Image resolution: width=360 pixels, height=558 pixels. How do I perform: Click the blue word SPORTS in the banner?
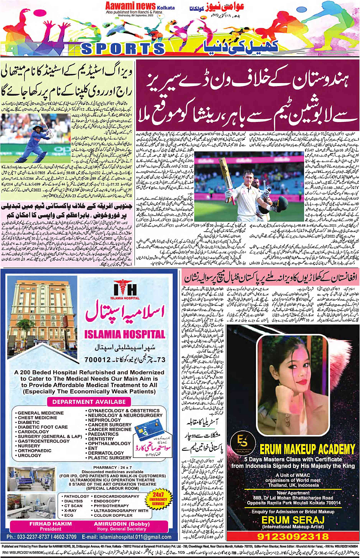click(x=123, y=49)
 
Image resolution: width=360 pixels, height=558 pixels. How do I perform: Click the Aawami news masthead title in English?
click(x=130, y=6)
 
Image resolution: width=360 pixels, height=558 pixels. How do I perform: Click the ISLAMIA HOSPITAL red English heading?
click(x=125, y=334)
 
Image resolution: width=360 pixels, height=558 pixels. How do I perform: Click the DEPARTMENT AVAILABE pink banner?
click(x=89, y=402)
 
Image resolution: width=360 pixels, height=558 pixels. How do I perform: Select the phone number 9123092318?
click(x=293, y=536)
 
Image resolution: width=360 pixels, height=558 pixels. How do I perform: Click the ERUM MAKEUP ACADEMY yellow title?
click(x=307, y=449)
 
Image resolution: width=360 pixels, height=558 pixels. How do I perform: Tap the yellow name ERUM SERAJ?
click(x=293, y=520)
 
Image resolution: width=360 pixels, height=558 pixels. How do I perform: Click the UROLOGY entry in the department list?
click(x=29, y=455)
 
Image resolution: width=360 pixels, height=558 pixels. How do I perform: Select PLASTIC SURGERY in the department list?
click(x=110, y=458)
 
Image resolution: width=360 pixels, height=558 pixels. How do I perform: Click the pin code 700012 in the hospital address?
click(x=98, y=360)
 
